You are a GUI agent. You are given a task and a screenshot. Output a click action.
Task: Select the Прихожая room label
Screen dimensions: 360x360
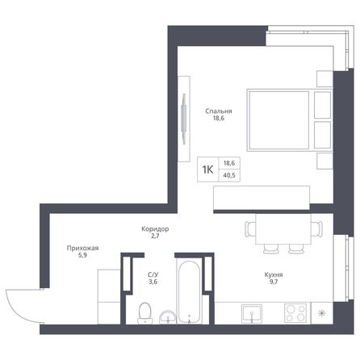(x=82, y=249)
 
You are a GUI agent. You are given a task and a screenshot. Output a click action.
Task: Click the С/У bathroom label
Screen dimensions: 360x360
(x=153, y=275)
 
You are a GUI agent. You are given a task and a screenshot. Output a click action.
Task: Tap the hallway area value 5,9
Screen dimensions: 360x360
(x=82, y=257)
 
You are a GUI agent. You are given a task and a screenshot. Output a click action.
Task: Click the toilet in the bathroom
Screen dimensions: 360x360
(x=146, y=312)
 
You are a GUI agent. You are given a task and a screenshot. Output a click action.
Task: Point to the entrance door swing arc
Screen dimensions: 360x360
(x=19, y=303)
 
